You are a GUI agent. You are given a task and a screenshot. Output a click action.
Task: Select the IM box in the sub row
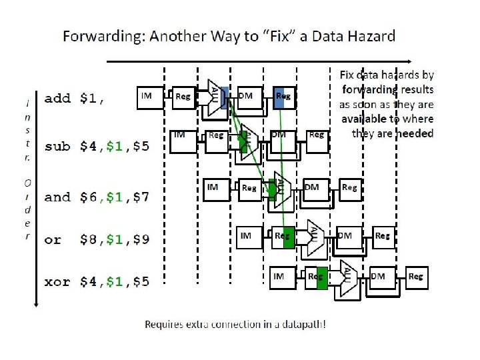point(180,135)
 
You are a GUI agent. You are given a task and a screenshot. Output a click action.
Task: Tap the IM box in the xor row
point(279,276)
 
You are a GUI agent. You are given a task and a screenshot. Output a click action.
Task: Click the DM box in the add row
point(246,96)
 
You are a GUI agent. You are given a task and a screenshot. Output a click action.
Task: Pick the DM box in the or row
point(345,235)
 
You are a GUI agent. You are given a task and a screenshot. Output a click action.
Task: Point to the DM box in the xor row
point(378,276)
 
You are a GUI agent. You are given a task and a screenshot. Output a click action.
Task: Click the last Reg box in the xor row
point(415,276)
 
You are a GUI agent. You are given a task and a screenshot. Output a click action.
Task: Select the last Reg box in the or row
point(383,235)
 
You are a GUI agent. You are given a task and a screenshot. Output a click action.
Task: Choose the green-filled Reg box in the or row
point(283,235)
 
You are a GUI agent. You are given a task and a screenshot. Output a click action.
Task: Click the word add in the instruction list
point(57,99)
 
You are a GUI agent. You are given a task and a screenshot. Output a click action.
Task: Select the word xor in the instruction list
point(57,282)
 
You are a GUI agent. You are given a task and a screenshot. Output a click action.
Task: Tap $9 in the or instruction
point(141,239)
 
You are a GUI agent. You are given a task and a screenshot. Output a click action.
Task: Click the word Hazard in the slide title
point(366,35)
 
